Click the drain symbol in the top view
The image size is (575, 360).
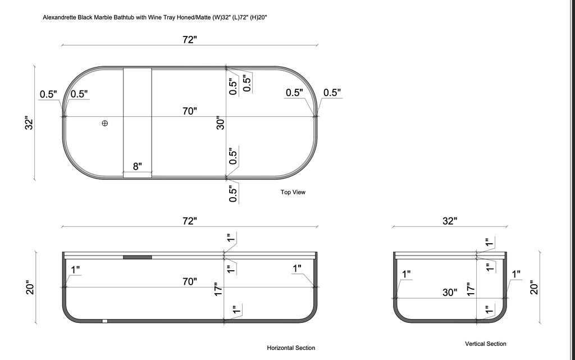point(105,123)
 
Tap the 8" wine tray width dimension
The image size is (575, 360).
point(137,166)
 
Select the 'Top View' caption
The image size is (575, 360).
point(293,192)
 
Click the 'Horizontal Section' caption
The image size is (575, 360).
point(291,348)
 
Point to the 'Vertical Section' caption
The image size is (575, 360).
point(486,344)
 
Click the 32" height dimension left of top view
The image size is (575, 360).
point(30,123)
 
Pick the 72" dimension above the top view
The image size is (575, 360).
point(190,39)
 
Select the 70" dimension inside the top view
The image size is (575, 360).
point(190,111)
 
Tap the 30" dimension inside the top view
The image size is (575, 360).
point(221,123)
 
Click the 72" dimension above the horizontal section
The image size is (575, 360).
point(190,221)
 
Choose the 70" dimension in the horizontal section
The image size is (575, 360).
point(190,281)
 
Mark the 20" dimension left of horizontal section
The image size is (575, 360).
point(30,288)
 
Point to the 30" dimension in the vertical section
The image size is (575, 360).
point(449,292)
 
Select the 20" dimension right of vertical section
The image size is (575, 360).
point(534,288)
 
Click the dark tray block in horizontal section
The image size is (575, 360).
point(137,257)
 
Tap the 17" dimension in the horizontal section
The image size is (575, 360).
point(219,289)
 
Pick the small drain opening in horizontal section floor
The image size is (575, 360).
point(104,321)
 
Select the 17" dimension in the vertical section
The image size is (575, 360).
point(471,289)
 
